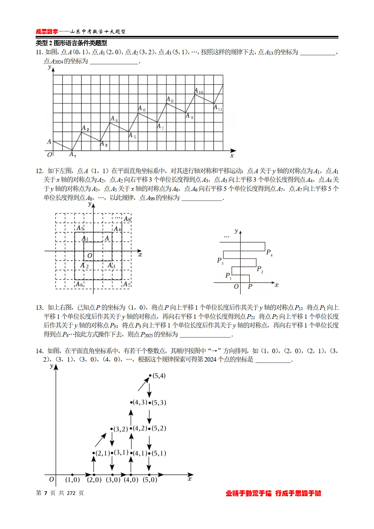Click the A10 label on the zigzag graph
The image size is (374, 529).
click(x=199, y=90)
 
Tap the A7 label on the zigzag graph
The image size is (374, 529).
click(x=160, y=127)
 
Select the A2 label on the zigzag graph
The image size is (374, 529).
click(x=85, y=128)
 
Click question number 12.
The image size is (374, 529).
click(x=40, y=171)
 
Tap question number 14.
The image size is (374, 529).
click(x=40, y=351)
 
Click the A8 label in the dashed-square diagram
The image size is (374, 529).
click(x=127, y=219)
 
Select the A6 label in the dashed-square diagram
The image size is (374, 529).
click(x=79, y=284)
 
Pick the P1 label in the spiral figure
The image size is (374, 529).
click(x=228, y=276)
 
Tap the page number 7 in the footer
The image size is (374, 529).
click(x=46, y=493)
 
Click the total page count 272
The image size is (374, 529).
click(x=71, y=493)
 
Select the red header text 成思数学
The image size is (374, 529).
click(x=47, y=32)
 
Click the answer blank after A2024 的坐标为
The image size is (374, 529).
click(x=114, y=62)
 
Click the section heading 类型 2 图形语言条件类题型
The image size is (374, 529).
click(x=71, y=43)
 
